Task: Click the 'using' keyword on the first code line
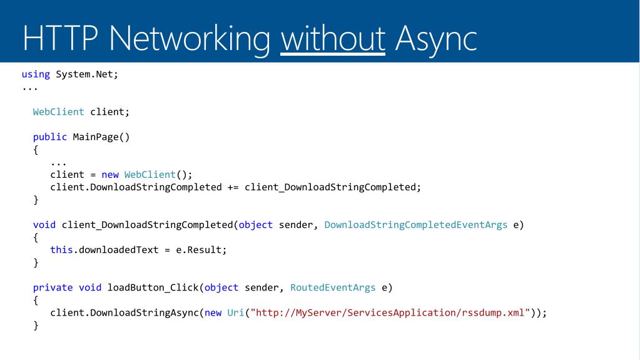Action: click(x=36, y=75)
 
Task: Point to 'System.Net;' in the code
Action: click(x=87, y=75)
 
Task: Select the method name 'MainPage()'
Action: click(x=101, y=137)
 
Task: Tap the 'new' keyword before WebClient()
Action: click(x=110, y=175)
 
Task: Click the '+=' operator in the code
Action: click(x=233, y=187)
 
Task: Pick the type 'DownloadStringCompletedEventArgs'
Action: click(x=416, y=225)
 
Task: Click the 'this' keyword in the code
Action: click(x=61, y=250)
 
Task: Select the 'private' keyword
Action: click(x=53, y=287)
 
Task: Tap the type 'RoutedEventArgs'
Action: click(x=333, y=287)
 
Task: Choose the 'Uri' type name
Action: click(x=235, y=312)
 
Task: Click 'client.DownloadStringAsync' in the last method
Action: click(x=124, y=312)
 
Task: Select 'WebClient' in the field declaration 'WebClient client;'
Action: click(x=58, y=112)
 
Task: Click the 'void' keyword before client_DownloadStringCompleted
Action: click(x=44, y=225)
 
